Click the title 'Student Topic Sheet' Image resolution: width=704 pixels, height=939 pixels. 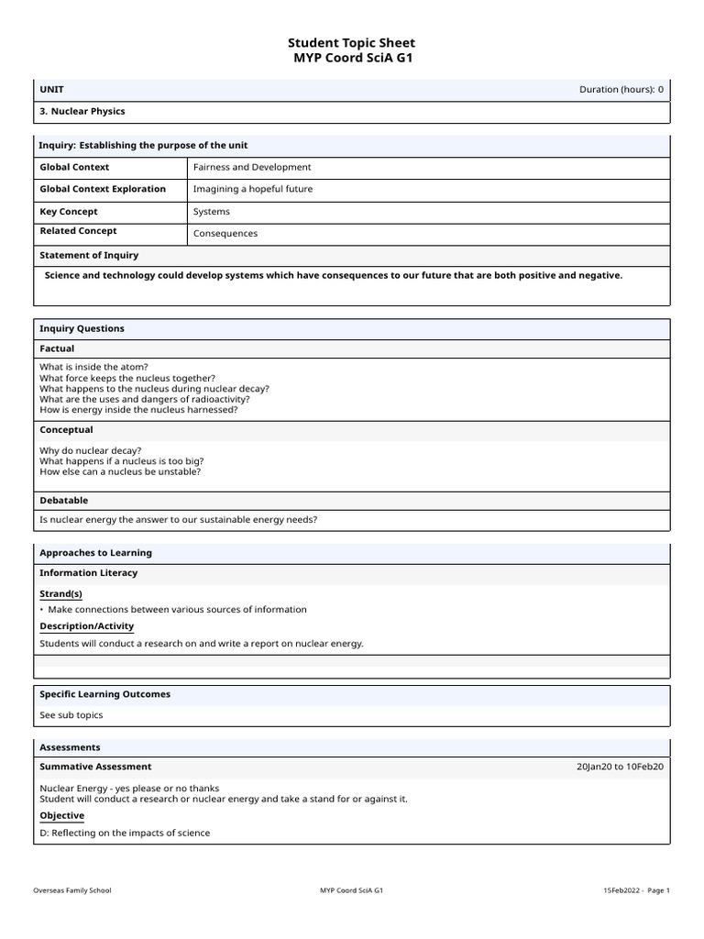click(351, 42)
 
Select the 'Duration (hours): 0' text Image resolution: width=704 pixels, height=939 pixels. click(621, 89)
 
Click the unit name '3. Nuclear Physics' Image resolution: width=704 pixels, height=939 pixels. click(82, 111)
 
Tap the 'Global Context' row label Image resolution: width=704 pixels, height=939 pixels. click(74, 167)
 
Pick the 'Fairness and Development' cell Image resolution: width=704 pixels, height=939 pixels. click(252, 167)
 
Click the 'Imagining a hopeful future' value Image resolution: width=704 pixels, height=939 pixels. click(252, 189)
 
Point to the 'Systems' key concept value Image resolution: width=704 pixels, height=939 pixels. click(212, 212)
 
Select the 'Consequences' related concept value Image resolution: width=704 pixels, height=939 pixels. click(225, 234)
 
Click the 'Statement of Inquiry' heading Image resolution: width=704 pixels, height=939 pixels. click(89, 255)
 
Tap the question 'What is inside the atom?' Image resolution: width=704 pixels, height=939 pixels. click(93, 367)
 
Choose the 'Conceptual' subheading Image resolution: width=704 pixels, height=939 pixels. click(66, 429)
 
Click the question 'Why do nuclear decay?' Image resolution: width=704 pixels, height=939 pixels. click(91, 450)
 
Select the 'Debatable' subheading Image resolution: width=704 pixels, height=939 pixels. click(64, 500)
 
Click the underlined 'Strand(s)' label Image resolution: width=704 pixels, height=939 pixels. click(60, 593)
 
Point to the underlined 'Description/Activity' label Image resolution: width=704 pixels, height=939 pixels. click(86, 626)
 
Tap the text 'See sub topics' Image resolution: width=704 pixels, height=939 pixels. click(71, 715)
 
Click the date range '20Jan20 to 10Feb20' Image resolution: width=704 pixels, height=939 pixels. click(620, 767)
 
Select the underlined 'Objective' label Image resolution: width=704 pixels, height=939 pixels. click(61, 815)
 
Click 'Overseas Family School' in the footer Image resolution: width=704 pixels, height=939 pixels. click(72, 890)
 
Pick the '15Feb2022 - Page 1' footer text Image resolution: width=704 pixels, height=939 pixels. click(636, 890)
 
